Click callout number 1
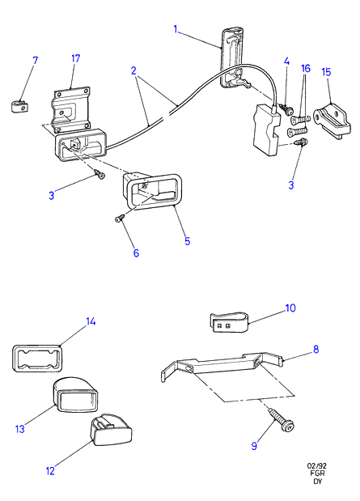pyautogui.click(x=176, y=29)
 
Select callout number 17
pyautogui.click(x=76, y=59)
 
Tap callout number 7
pyautogui.click(x=35, y=61)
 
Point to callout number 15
pyautogui.click(x=326, y=72)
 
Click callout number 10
pyautogui.click(x=290, y=308)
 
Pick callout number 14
pyautogui.click(x=91, y=321)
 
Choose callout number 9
pyautogui.click(x=254, y=446)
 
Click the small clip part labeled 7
pyautogui.click(x=19, y=106)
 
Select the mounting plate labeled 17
pyautogui.click(x=70, y=108)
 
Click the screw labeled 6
pyautogui.click(x=120, y=218)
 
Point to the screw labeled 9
pyautogui.click(x=282, y=419)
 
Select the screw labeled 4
pyautogui.click(x=286, y=109)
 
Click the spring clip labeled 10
pyautogui.click(x=230, y=322)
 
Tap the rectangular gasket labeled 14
pyautogui.click(x=37, y=359)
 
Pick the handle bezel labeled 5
pyautogui.click(x=150, y=190)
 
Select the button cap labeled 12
pyautogui.click(x=112, y=430)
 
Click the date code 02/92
pyautogui.click(x=317, y=466)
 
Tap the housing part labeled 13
pyautogui.click(x=75, y=394)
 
